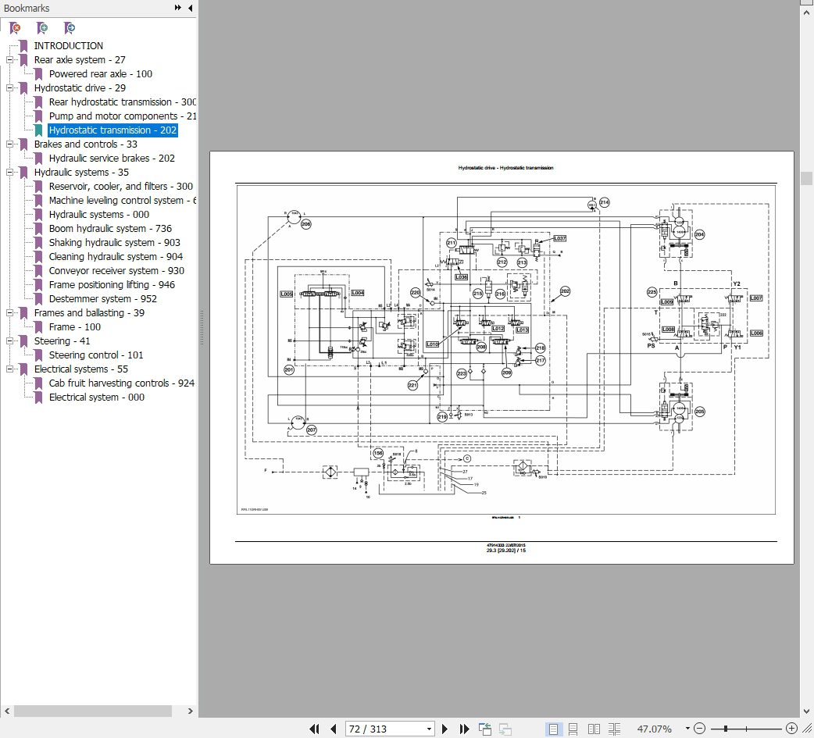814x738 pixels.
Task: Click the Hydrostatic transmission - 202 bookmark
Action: coord(112,130)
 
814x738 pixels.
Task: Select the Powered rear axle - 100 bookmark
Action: coord(100,74)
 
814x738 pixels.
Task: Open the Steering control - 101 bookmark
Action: coord(95,355)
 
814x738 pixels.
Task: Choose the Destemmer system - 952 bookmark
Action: coord(102,299)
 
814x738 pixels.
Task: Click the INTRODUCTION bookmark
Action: coord(68,46)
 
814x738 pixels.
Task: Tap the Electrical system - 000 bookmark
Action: coord(96,398)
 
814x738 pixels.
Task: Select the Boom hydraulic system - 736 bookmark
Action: coord(109,229)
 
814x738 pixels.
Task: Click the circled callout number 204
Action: coord(699,234)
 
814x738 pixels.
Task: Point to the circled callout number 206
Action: coord(305,224)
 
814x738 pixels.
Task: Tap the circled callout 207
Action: coord(311,430)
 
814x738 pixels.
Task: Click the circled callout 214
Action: coord(604,203)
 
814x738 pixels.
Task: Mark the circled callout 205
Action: coord(699,412)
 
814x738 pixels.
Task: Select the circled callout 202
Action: coord(565,292)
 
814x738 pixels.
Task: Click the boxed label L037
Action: coord(559,238)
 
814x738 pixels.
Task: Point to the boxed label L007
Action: coord(755,298)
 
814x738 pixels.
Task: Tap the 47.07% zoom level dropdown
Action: coord(660,729)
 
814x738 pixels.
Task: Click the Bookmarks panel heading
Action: coord(27,9)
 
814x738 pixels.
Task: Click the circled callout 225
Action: coord(652,293)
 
